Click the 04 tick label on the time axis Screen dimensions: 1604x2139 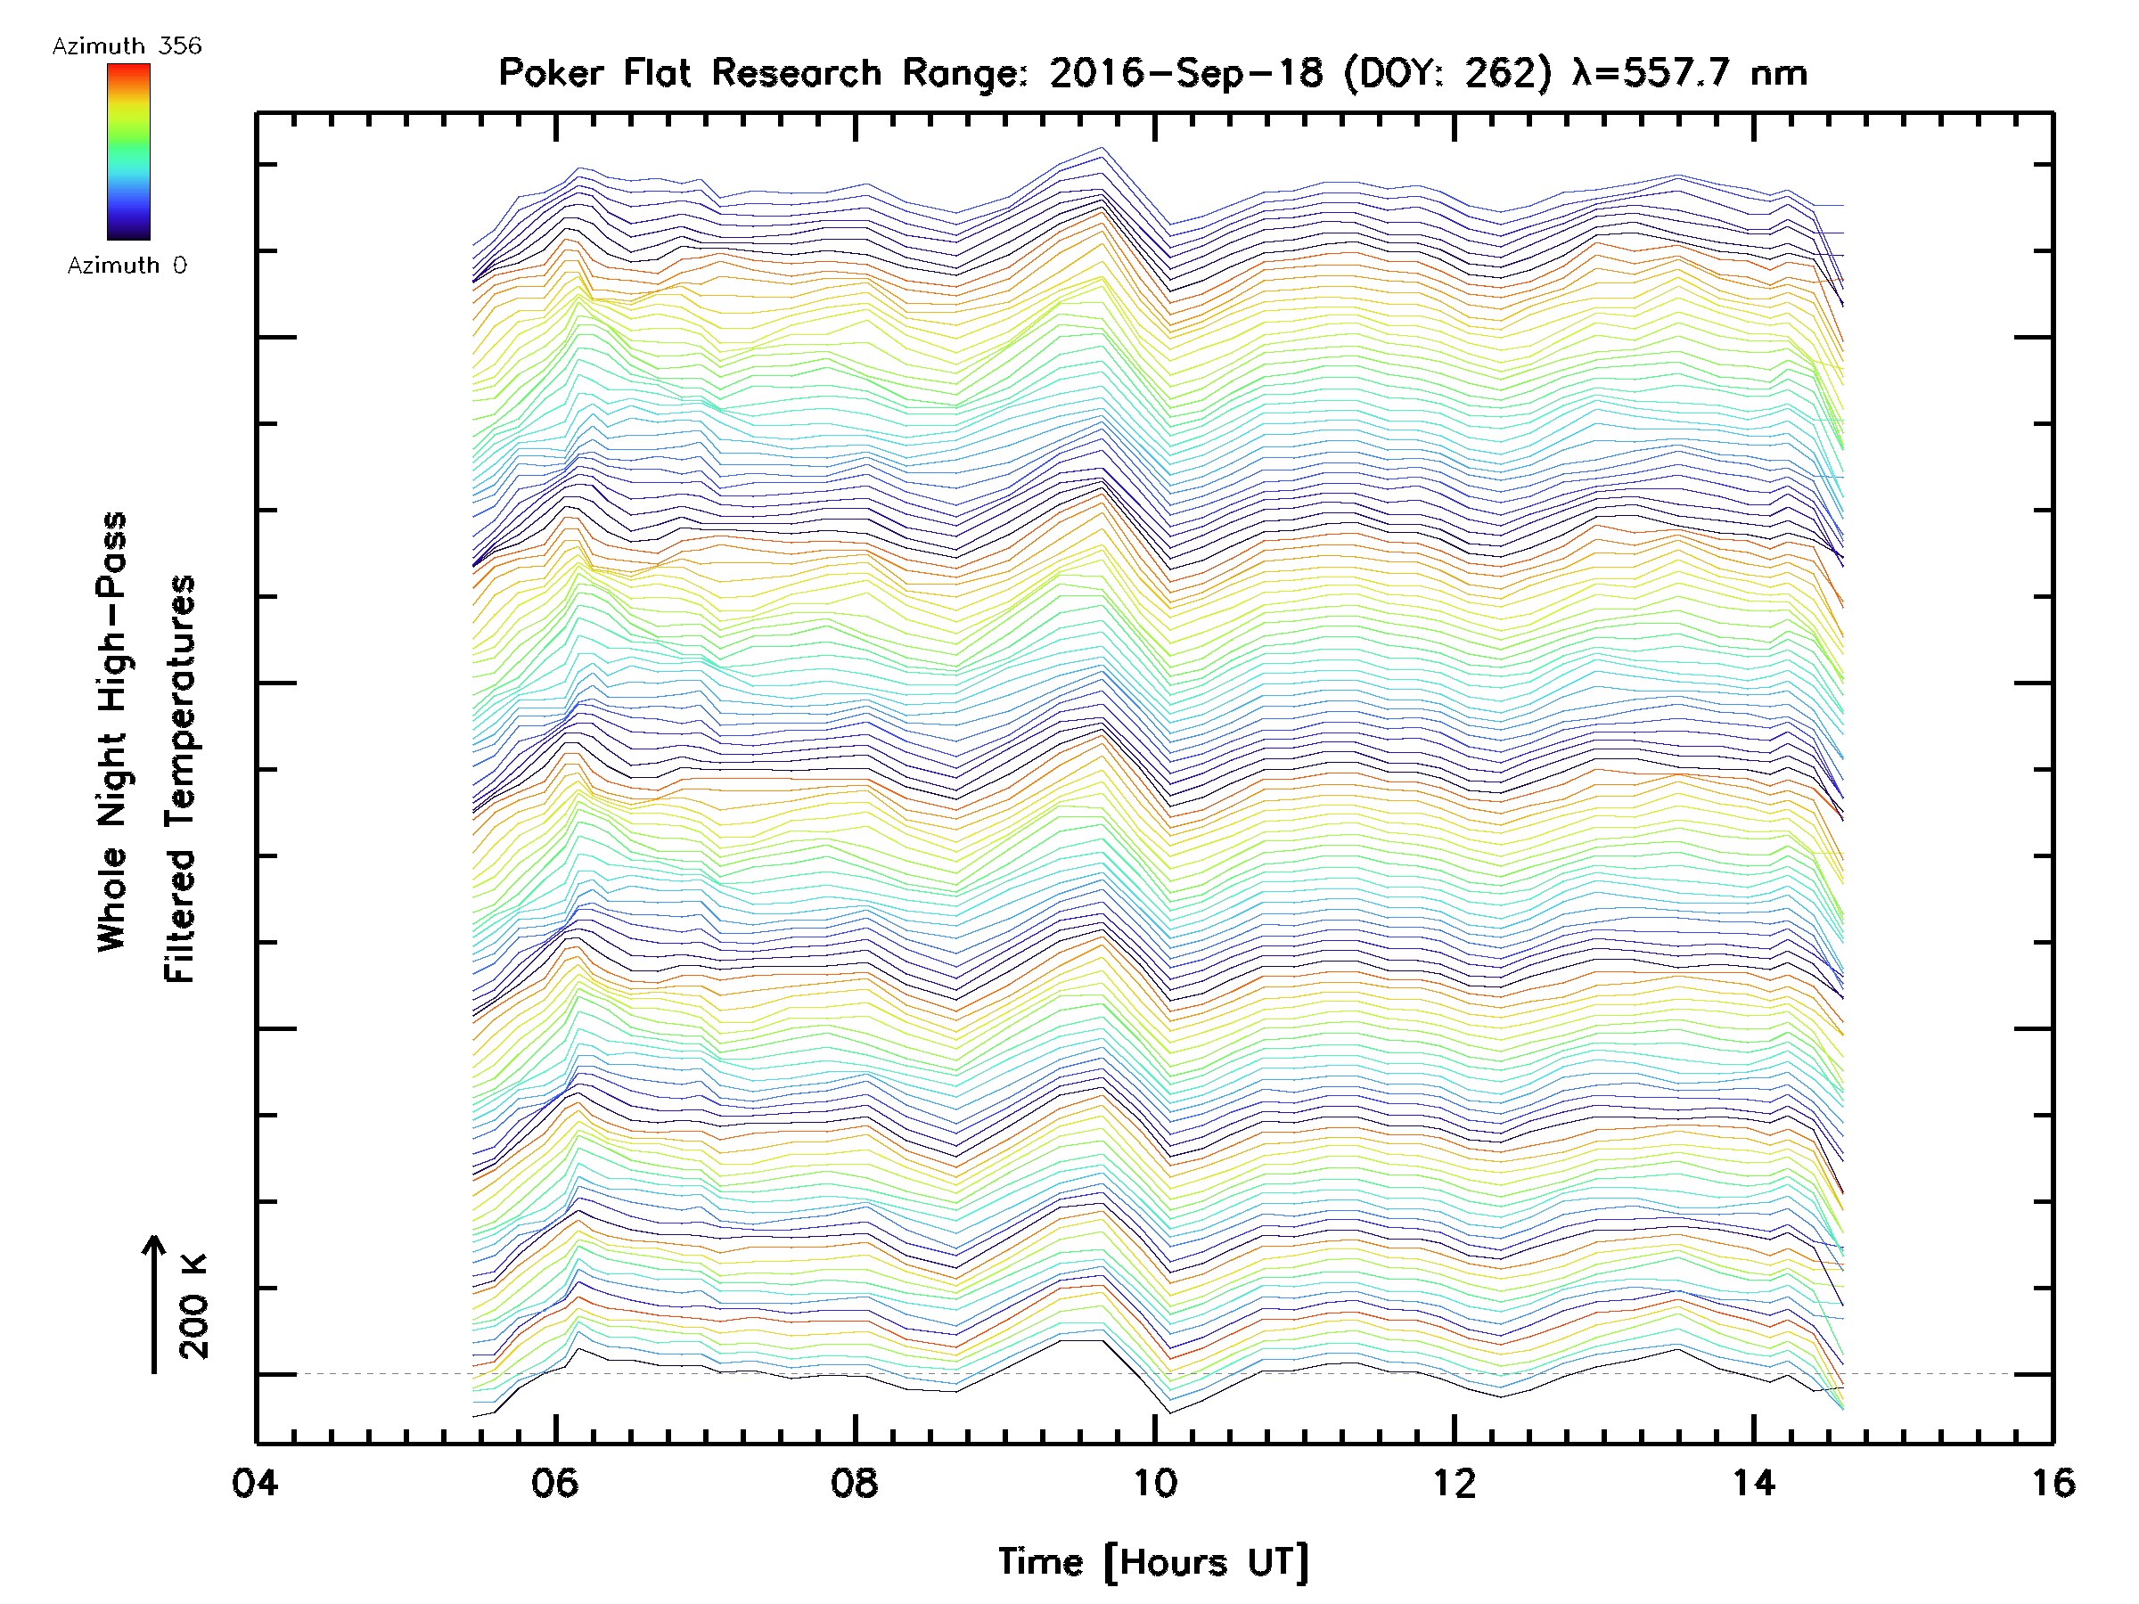255,1483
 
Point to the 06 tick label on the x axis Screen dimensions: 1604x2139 555,1483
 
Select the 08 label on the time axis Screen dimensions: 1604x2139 855,1483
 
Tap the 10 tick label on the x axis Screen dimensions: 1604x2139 1154,1483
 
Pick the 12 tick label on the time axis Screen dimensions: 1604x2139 1455,1483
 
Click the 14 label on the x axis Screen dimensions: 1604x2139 1753,1483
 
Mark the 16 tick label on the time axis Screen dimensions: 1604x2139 2052,1483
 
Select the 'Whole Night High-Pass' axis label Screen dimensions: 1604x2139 112,732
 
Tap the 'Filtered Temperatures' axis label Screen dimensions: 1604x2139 180,780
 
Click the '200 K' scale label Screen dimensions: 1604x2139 194,1306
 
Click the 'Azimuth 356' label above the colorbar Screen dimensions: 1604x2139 127,46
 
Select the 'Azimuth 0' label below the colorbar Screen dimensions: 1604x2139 127,266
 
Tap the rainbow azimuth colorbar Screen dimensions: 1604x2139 128,151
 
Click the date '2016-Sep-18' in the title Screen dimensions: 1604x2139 1186,73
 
